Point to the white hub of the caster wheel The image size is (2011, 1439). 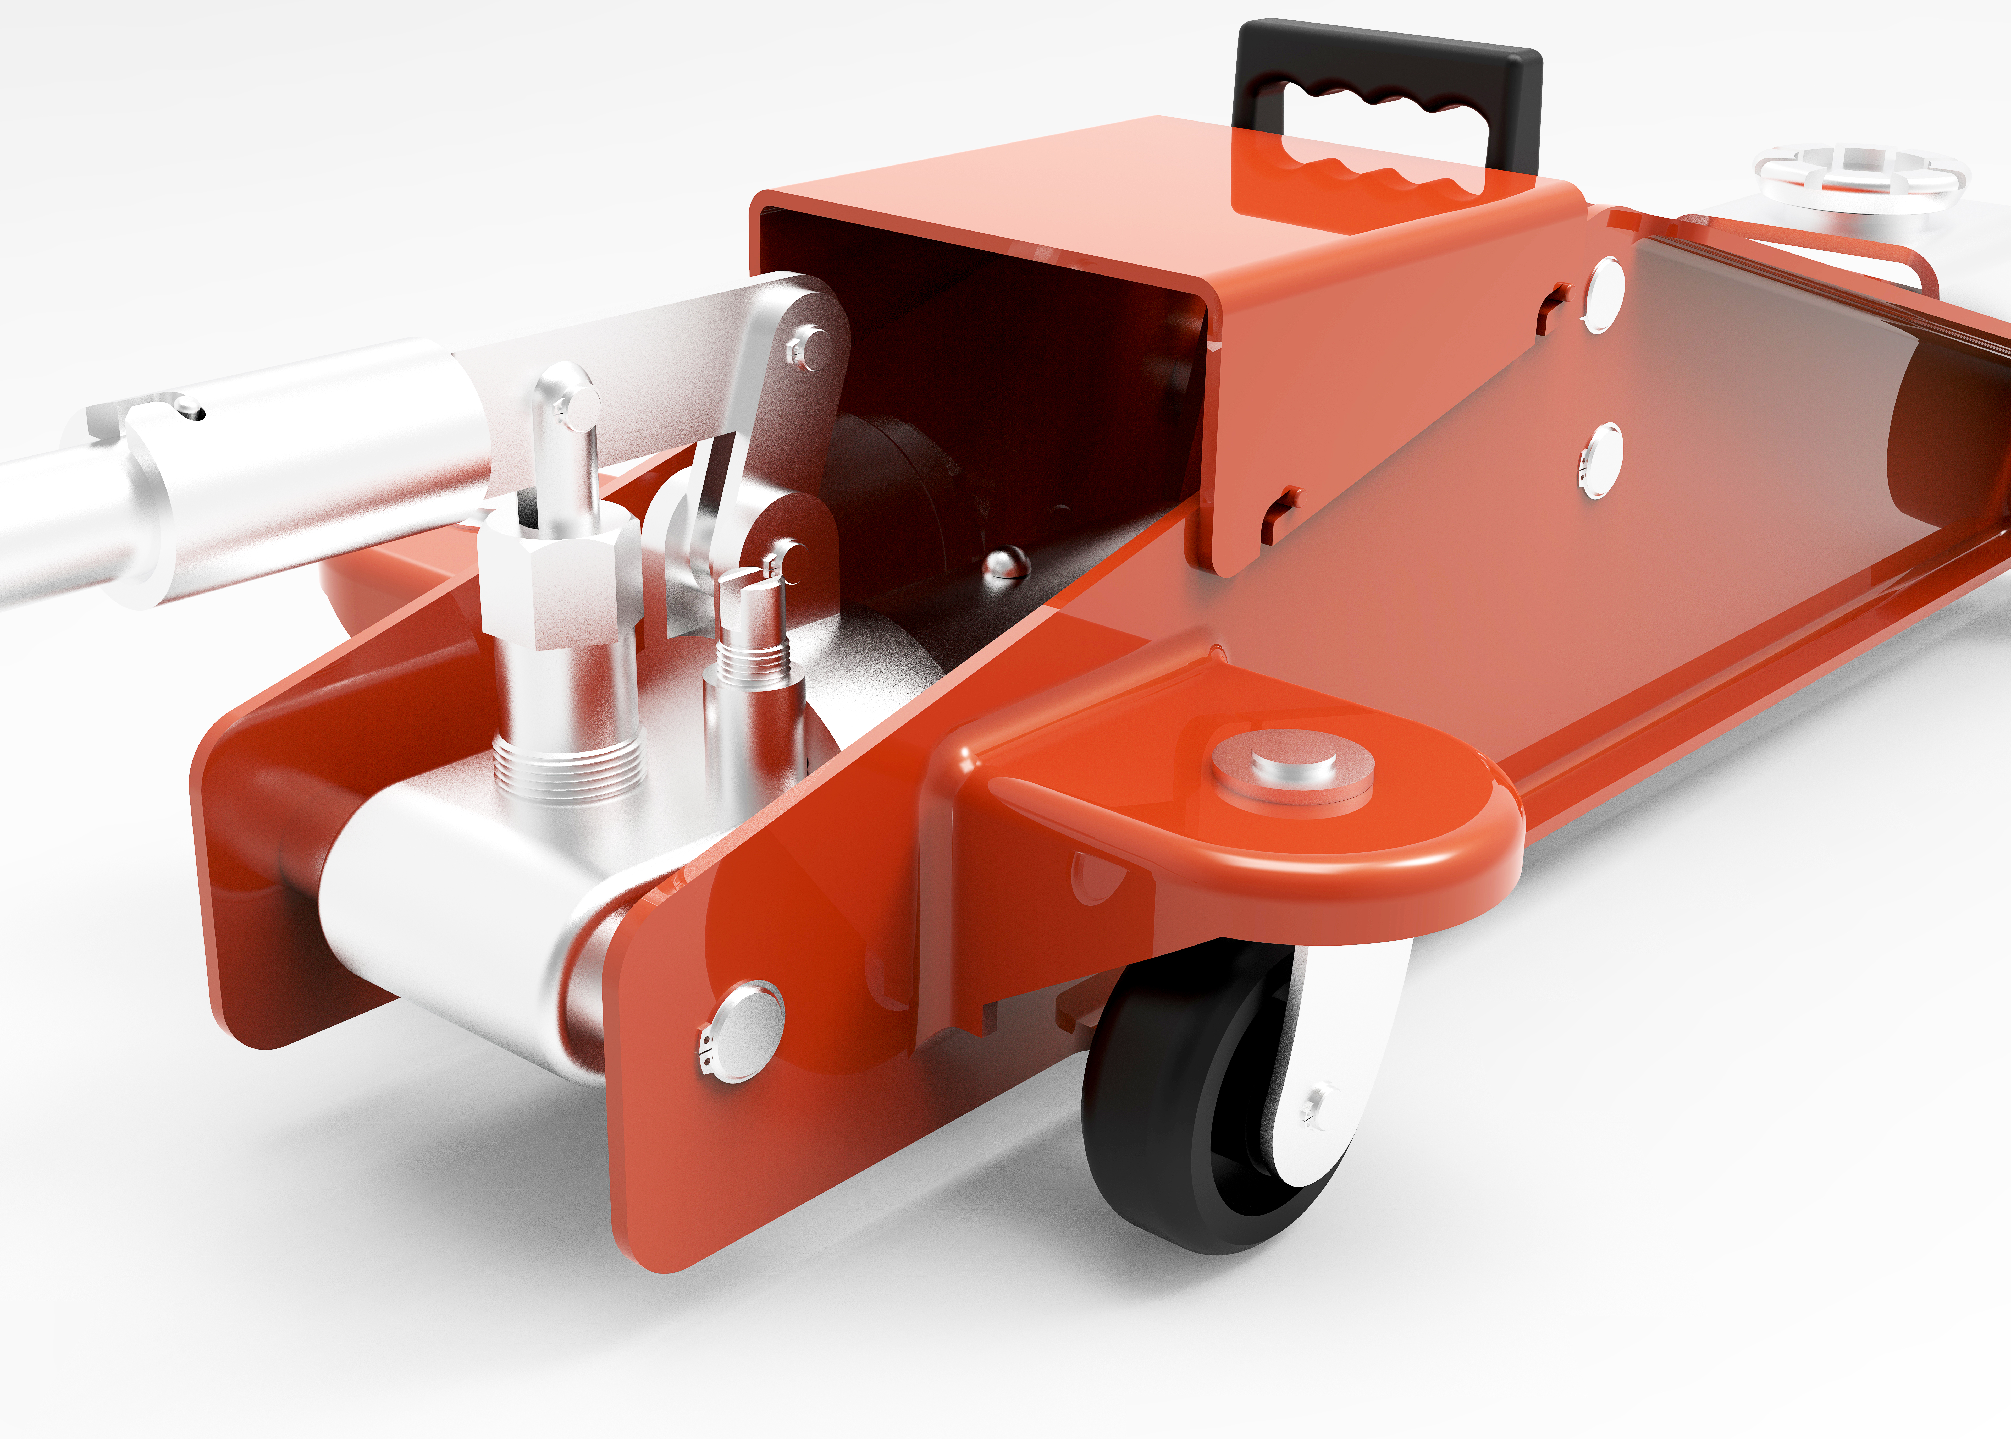click(1329, 1063)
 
